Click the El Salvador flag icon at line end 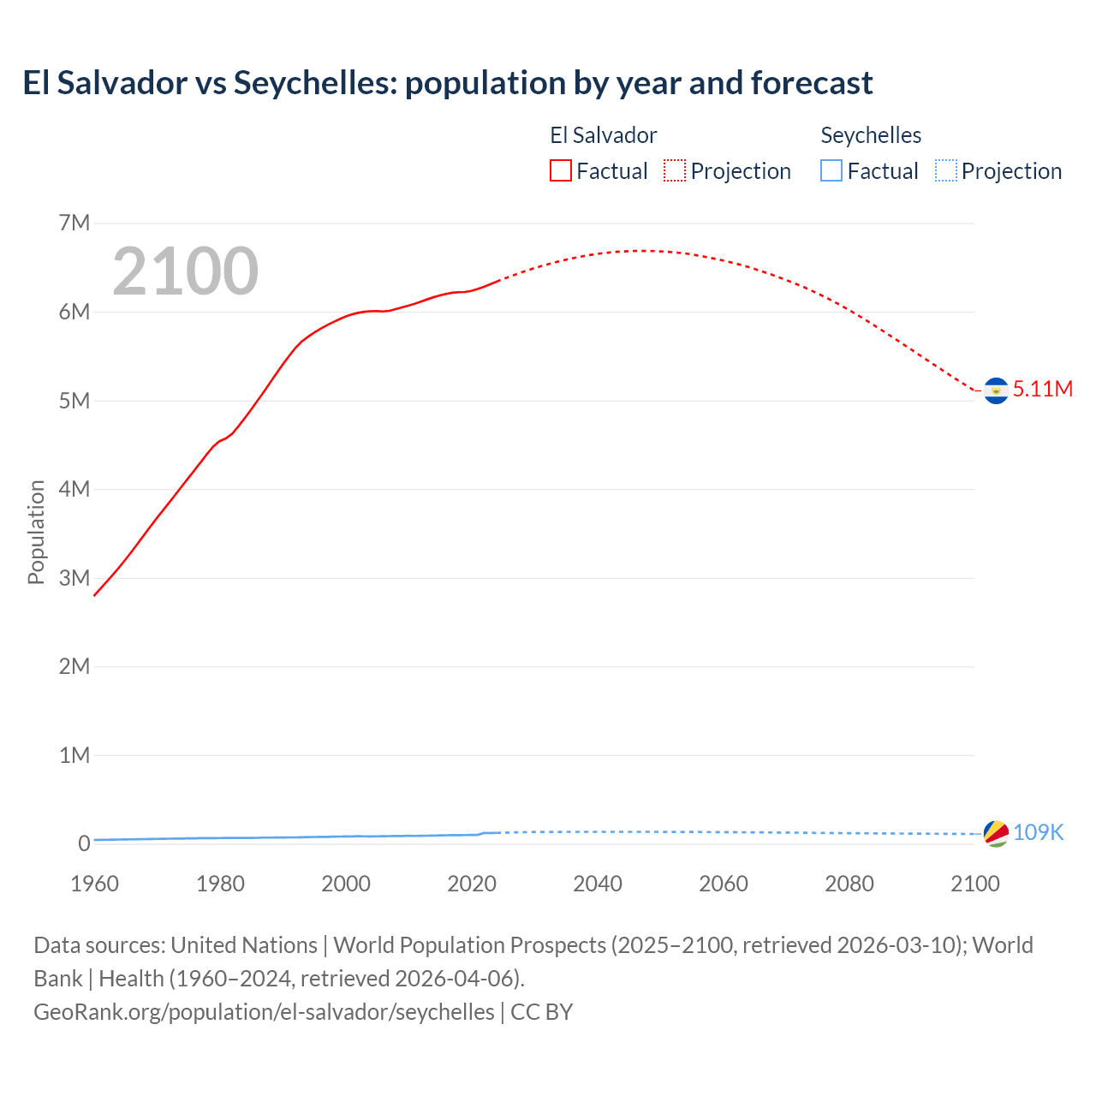pyautogui.click(x=996, y=390)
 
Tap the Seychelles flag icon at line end pyautogui.click(x=996, y=833)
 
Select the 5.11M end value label pyautogui.click(x=1043, y=389)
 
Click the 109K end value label pyautogui.click(x=1038, y=832)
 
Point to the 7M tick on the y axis pyautogui.click(x=74, y=223)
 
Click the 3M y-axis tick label pyautogui.click(x=74, y=578)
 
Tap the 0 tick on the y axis pyautogui.click(x=84, y=843)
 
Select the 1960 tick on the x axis pyautogui.click(x=94, y=884)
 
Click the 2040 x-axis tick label pyautogui.click(x=598, y=884)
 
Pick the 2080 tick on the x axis pyautogui.click(x=849, y=884)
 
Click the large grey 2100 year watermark pyautogui.click(x=185, y=271)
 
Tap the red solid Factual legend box pyautogui.click(x=561, y=171)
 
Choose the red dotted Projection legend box pyautogui.click(x=675, y=171)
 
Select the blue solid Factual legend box pyautogui.click(x=831, y=171)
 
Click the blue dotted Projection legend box pyautogui.click(x=946, y=171)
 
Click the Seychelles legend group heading pyautogui.click(x=871, y=135)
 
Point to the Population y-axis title pyautogui.click(x=36, y=532)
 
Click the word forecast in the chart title pyautogui.click(x=812, y=83)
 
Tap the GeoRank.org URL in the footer pyautogui.click(x=264, y=1011)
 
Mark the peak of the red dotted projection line pyautogui.click(x=639, y=251)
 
